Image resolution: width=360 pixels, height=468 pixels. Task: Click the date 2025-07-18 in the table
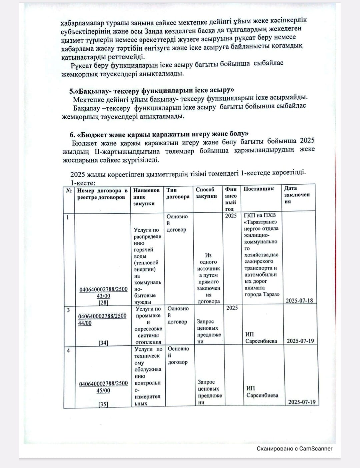click(x=299, y=300)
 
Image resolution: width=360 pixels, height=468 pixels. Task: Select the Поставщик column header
click(x=259, y=189)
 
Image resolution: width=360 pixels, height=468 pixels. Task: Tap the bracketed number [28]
click(x=103, y=302)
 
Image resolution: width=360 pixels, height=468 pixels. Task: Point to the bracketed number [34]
click(x=103, y=343)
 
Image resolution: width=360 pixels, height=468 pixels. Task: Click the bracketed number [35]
click(x=103, y=404)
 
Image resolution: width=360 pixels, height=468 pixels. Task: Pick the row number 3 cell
click(x=68, y=310)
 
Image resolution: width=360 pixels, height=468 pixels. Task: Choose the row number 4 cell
click(x=68, y=350)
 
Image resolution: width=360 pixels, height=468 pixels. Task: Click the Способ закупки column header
click(x=206, y=193)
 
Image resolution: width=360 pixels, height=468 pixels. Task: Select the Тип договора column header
click(x=177, y=193)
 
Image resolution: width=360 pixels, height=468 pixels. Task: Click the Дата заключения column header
click(x=297, y=195)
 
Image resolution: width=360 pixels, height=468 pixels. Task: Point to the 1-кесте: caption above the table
click(x=83, y=183)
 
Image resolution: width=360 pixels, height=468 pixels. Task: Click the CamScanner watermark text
click(x=294, y=449)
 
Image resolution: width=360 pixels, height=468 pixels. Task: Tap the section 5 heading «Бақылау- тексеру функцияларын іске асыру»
click(x=152, y=91)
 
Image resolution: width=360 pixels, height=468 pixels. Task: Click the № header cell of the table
click(x=69, y=191)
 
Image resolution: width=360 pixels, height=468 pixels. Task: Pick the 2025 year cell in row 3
click(x=232, y=308)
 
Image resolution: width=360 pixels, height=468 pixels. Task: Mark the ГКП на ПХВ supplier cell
click(x=261, y=255)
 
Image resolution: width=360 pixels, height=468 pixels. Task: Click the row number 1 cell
click(x=68, y=218)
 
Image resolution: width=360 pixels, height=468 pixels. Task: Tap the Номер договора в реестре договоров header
click(x=102, y=194)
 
